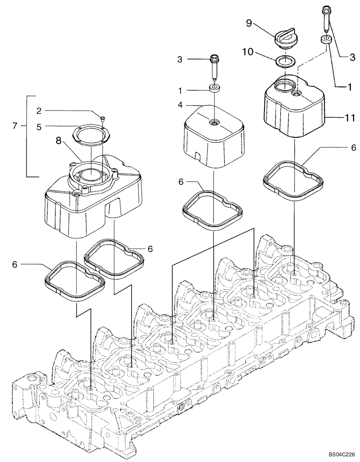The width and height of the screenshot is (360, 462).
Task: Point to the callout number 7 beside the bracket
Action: click(15, 125)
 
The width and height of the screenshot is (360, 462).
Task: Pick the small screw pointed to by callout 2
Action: click(103, 118)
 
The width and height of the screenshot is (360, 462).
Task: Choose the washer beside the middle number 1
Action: click(214, 88)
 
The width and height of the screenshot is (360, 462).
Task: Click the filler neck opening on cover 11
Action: click(283, 86)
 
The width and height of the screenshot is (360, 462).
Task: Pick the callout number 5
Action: click(39, 125)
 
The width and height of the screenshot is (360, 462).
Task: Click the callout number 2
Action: click(39, 110)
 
